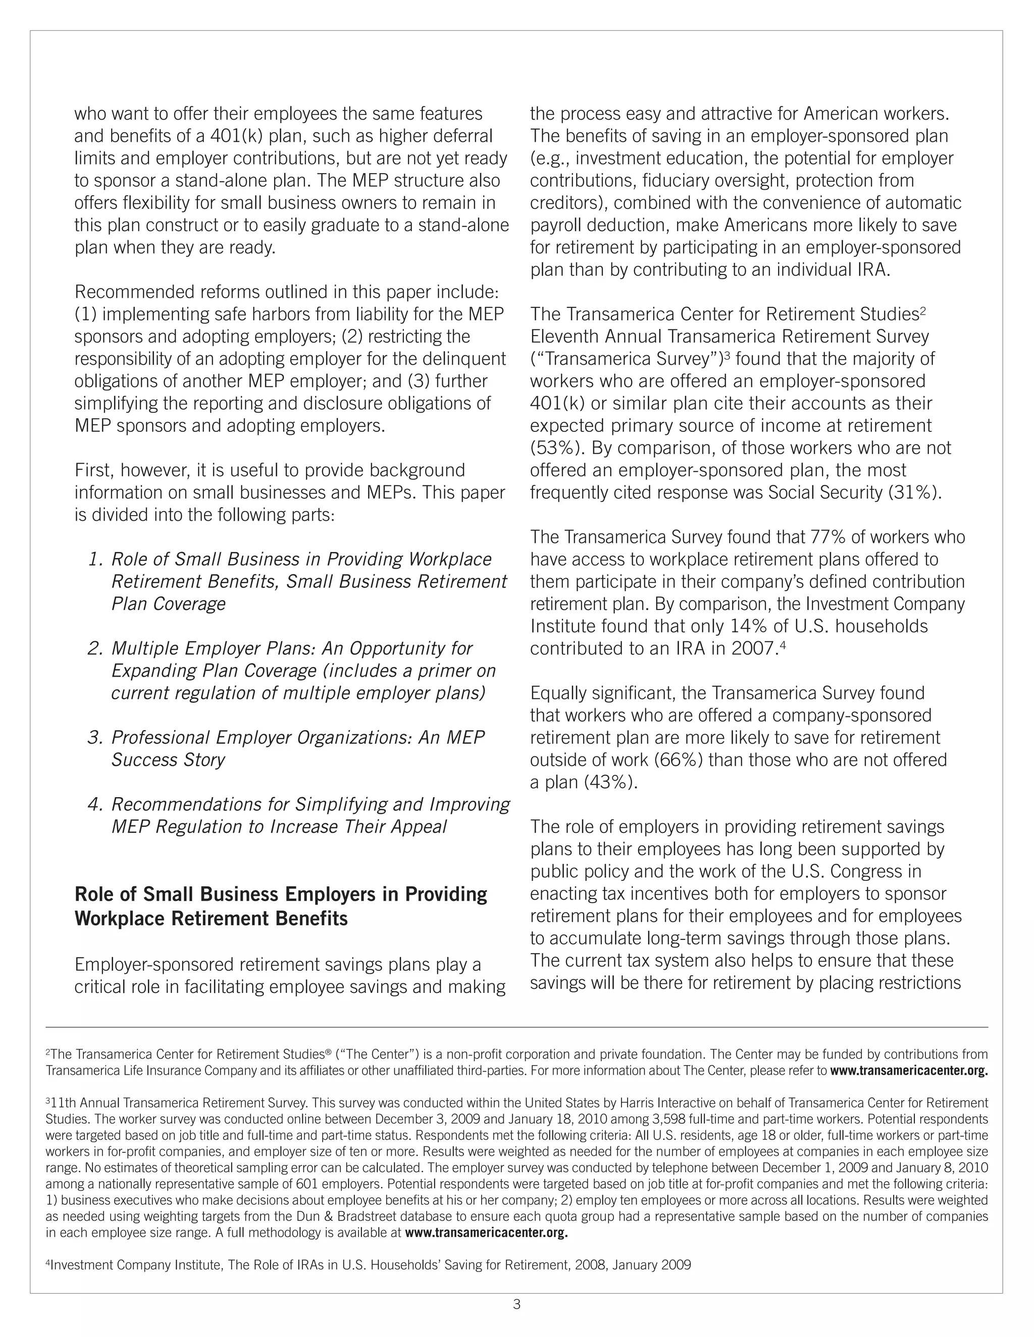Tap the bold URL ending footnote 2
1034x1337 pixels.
908,1071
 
